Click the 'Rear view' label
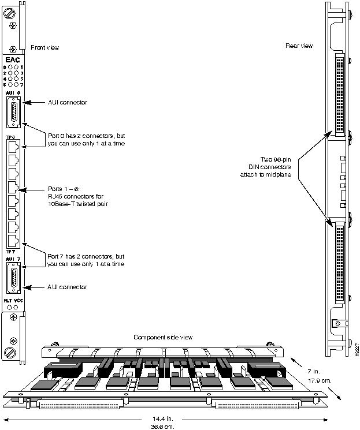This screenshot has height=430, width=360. [x=299, y=46]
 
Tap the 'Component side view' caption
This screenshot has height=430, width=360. [x=163, y=337]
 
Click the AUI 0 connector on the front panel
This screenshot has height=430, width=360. [x=13, y=111]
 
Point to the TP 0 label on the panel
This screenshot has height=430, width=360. [x=10, y=137]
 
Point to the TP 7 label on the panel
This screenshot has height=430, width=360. [x=10, y=252]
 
